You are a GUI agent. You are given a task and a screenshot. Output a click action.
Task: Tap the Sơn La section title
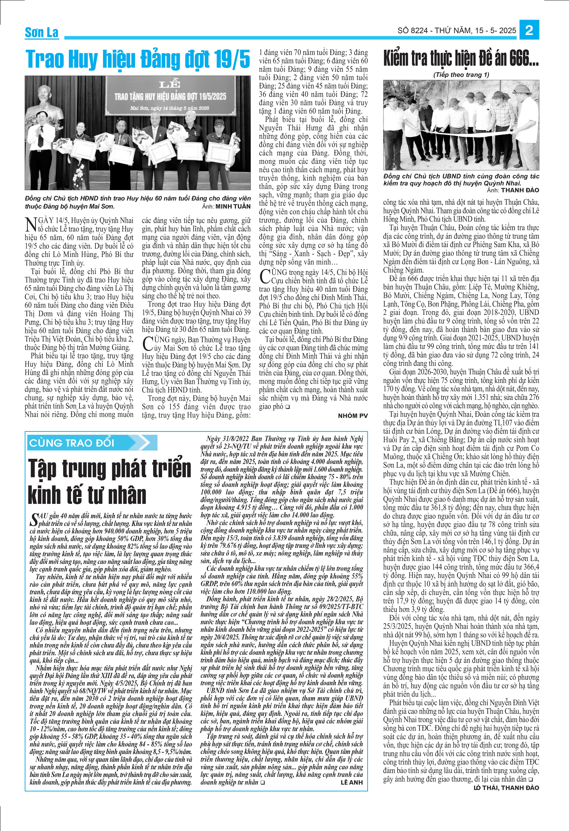coord(42,32)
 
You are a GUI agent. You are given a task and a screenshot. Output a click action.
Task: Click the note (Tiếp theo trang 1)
coord(461,75)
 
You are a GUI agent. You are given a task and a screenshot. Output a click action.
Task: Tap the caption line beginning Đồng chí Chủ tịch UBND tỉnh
coord(461,176)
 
